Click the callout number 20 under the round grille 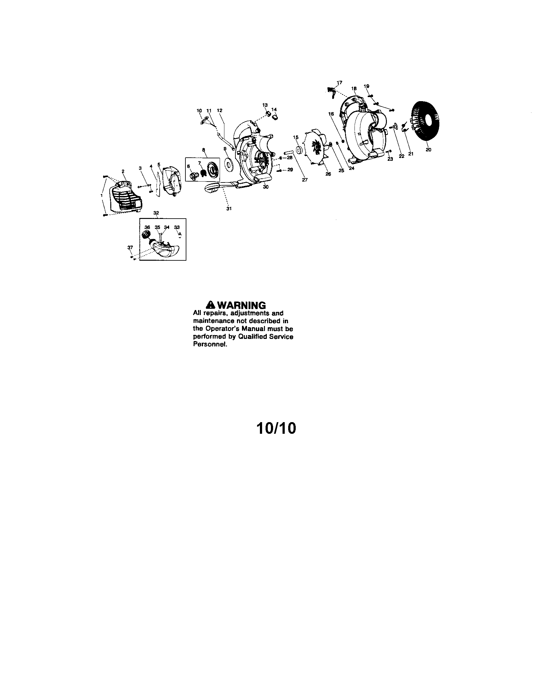point(428,150)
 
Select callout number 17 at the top point(339,83)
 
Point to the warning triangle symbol point(211,305)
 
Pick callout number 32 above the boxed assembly point(156,213)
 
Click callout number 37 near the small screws point(130,247)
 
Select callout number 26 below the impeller point(328,174)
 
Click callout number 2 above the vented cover point(123,171)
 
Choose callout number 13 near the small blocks point(265,105)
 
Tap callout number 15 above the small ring point(296,137)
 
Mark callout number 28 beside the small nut point(289,157)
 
